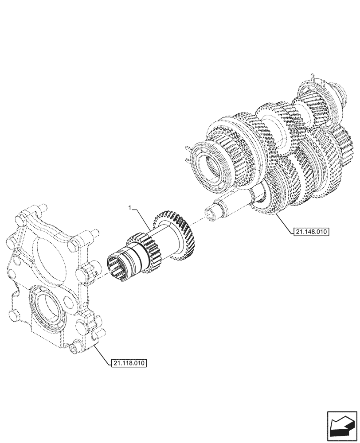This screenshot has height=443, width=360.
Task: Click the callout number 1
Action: pos(129,207)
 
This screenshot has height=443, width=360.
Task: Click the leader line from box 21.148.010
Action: pos(284,224)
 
